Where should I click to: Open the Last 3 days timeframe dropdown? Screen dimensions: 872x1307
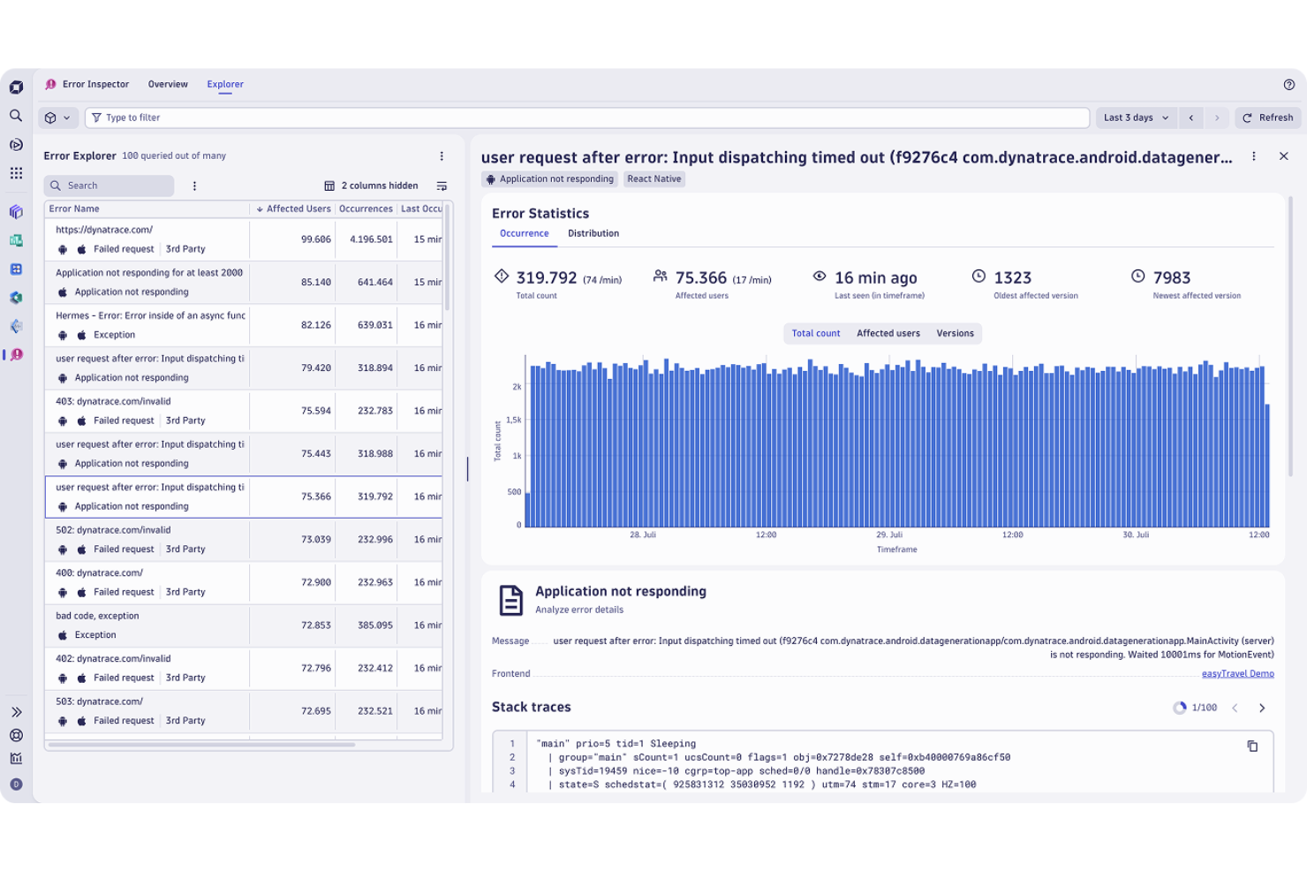pyautogui.click(x=1136, y=118)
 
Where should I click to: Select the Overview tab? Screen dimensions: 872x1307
pyautogui.click(x=168, y=85)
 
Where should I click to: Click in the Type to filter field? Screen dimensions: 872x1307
pyautogui.click(x=583, y=118)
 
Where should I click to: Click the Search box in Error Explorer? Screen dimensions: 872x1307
pyautogui.click(x=110, y=186)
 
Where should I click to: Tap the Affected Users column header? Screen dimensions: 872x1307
pyautogui.click(x=298, y=209)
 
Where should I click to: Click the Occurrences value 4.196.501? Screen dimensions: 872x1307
pyautogui.click(x=371, y=239)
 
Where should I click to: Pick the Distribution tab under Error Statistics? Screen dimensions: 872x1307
pyautogui.click(x=593, y=234)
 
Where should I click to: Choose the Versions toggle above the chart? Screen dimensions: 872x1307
pyautogui.click(x=955, y=334)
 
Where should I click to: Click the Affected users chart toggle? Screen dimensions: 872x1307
pyautogui.click(x=888, y=334)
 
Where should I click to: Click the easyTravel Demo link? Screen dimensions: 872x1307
pyautogui.click(x=1237, y=674)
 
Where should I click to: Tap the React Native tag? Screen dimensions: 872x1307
pyautogui.click(x=653, y=179)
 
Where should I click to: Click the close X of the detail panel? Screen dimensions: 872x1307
pyautogui.click(x=1283, y=156)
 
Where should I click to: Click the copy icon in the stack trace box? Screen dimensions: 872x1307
pyautogui.click(x=1251, y=747)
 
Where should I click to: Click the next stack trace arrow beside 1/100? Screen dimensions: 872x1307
pyautogui.click(x=1261, y=708)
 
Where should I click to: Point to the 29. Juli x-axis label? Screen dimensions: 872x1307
pyautogui.click(x=889, y=535)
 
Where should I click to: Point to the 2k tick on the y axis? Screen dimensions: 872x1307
pyautogui.click(x=517, y=387)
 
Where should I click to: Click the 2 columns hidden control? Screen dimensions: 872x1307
pyautogui.click(x=371, y=186)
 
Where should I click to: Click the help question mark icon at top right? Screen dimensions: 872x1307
pyautogui.click(x=1288, y=85)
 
